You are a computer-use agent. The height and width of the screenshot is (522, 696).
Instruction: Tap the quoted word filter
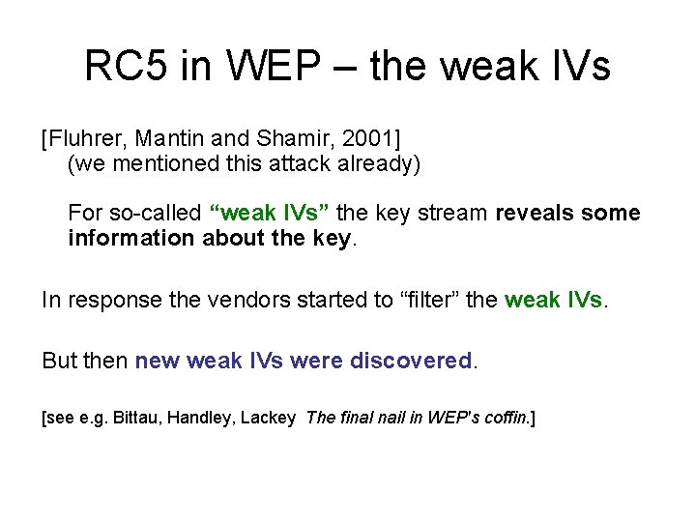(x=387, y=300)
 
